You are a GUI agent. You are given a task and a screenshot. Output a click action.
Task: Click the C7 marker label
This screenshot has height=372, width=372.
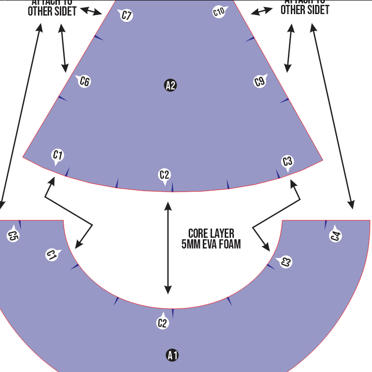126,16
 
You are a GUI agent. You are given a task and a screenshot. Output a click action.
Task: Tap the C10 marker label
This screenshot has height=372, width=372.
219,11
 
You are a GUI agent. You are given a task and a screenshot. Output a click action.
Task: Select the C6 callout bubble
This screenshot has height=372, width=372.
85,81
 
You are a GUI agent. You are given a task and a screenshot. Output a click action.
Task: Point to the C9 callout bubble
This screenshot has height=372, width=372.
260,81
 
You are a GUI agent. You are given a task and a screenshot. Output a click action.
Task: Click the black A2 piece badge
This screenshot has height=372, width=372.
170,86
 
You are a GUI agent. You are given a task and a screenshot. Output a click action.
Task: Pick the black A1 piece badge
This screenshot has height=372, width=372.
172,355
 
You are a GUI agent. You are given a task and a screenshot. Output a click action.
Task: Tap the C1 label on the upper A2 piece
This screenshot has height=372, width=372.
58,156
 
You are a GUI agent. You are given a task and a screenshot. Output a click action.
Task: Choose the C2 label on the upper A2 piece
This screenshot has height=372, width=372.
165,175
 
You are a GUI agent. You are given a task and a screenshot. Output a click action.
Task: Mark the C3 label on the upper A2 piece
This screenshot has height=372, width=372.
287,161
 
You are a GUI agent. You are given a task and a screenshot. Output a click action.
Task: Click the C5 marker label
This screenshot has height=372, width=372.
13,236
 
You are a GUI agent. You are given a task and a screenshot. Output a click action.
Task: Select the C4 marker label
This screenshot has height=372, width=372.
336,236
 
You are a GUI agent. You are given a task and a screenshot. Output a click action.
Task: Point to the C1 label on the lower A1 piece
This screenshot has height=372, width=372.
52,254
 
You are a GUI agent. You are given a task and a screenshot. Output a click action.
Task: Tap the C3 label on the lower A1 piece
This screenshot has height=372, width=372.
285,262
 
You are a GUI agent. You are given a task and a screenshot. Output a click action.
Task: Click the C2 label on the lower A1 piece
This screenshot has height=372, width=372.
162,322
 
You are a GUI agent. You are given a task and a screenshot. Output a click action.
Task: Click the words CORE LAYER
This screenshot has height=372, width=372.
211,233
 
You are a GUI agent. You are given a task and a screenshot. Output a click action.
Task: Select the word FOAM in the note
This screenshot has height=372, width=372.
230,244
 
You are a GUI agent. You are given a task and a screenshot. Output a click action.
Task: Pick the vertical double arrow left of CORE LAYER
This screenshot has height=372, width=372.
168,248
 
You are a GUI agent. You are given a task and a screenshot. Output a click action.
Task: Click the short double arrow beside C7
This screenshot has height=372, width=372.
91,11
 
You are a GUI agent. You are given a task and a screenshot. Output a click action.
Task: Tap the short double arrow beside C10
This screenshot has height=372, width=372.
262,11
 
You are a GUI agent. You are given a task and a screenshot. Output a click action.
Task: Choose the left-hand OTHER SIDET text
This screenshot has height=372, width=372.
52,10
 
